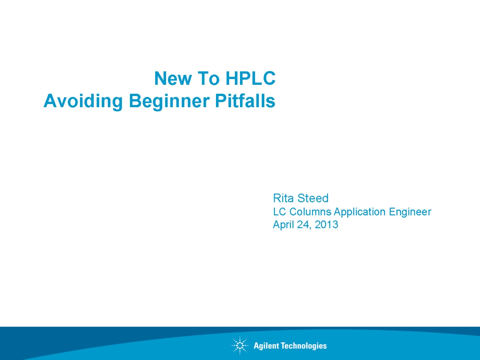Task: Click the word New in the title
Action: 173,78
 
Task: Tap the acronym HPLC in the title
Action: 250,78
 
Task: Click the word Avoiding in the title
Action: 83,101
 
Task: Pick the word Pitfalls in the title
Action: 245,100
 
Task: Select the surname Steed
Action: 313,198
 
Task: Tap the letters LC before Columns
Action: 280,212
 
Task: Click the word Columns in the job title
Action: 310,212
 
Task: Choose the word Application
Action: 360,212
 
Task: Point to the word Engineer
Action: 410,212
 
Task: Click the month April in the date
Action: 284,225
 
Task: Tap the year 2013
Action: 326,224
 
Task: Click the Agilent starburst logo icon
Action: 240,345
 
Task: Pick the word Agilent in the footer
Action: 266,346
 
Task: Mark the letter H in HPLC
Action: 232,78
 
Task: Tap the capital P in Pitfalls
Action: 220,100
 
